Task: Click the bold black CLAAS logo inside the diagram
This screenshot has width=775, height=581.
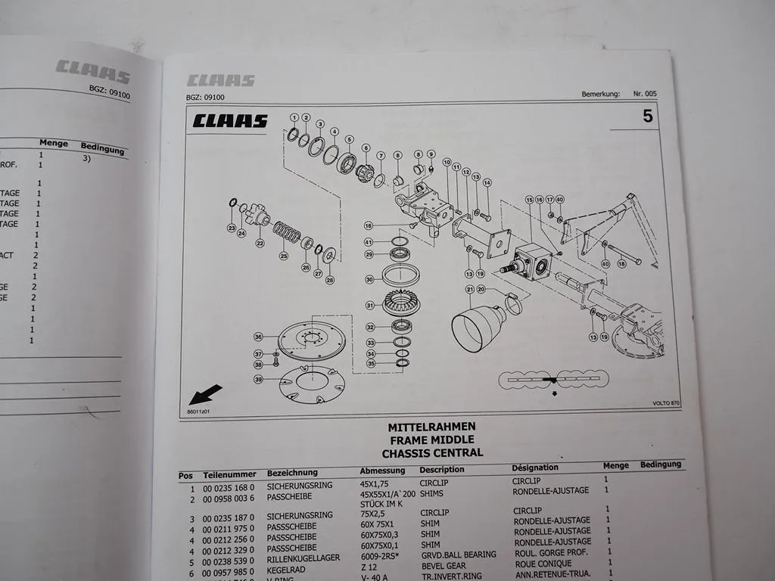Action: coord(229,121)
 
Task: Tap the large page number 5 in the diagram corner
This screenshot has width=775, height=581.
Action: coord(647,117)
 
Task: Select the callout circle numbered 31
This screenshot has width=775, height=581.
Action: coord(369,306)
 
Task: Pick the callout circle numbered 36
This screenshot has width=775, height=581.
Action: coord(258,337)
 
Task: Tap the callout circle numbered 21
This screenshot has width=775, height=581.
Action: coord(470,289)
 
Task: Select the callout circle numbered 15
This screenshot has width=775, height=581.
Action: coord(529,200)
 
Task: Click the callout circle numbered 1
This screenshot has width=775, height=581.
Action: coord(293,117)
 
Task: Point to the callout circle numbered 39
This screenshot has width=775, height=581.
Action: coord(258,379)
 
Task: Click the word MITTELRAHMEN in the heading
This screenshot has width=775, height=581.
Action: coord(431,427)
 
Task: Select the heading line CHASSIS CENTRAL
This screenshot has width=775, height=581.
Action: coord(431,453)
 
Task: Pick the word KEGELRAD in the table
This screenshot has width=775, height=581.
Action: coord(287,564)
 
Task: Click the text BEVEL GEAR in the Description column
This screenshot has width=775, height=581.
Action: coord(444,566)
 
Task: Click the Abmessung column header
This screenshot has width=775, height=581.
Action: coord(382,471)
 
